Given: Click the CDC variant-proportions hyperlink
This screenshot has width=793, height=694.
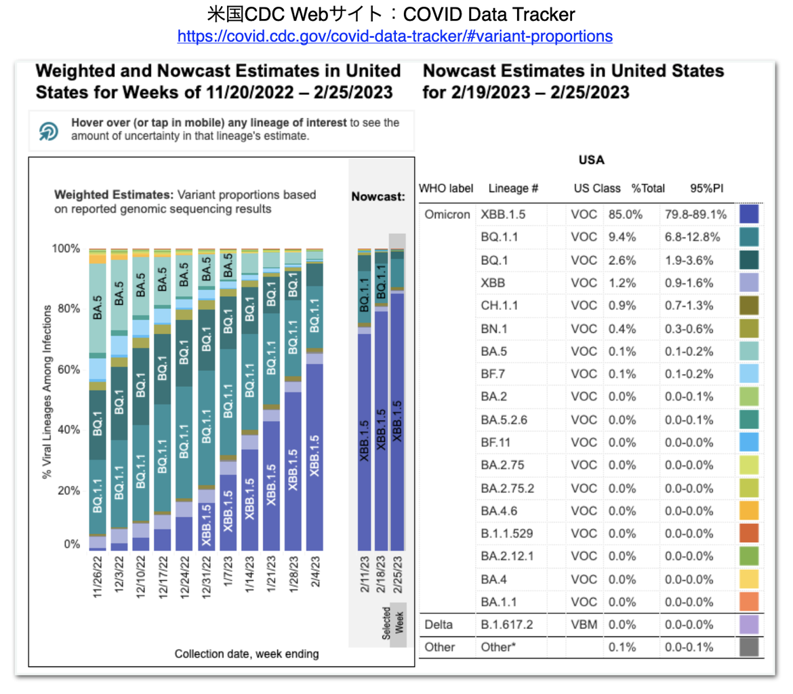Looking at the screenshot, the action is point(394,37).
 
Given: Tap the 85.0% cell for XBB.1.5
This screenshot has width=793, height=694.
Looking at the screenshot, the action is point(625,214).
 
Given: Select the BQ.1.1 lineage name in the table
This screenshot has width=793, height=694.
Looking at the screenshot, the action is point(499,237).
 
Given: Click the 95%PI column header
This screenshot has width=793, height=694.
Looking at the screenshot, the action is point(706,188).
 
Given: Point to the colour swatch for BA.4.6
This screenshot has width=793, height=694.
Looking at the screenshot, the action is point(749,511).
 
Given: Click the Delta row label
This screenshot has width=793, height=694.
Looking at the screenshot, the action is point(439,625).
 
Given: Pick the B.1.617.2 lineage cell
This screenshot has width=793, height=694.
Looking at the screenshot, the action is point(507,625).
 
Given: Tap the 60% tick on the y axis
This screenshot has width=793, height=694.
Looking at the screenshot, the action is point(68,369).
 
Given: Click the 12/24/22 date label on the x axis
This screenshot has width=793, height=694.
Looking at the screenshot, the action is point(184,577).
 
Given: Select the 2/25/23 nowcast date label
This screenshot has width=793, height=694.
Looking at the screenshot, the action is point(398,575).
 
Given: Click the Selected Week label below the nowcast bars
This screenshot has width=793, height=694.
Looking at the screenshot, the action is point(393,624).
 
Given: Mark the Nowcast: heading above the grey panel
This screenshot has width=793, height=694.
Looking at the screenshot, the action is point(378,197).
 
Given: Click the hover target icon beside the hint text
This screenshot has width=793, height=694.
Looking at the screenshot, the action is point(49,131).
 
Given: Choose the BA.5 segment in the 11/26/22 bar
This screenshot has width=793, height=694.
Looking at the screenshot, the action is point(98,308).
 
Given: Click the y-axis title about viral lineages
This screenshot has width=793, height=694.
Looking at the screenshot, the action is point(47,392).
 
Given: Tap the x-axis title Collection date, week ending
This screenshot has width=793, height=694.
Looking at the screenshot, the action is point(247,654).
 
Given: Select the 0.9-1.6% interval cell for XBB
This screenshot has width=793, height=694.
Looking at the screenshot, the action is point(689,283).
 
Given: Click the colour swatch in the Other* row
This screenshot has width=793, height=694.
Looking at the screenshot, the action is point(749,647).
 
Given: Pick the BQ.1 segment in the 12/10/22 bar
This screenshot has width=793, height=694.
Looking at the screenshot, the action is point(140,386).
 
